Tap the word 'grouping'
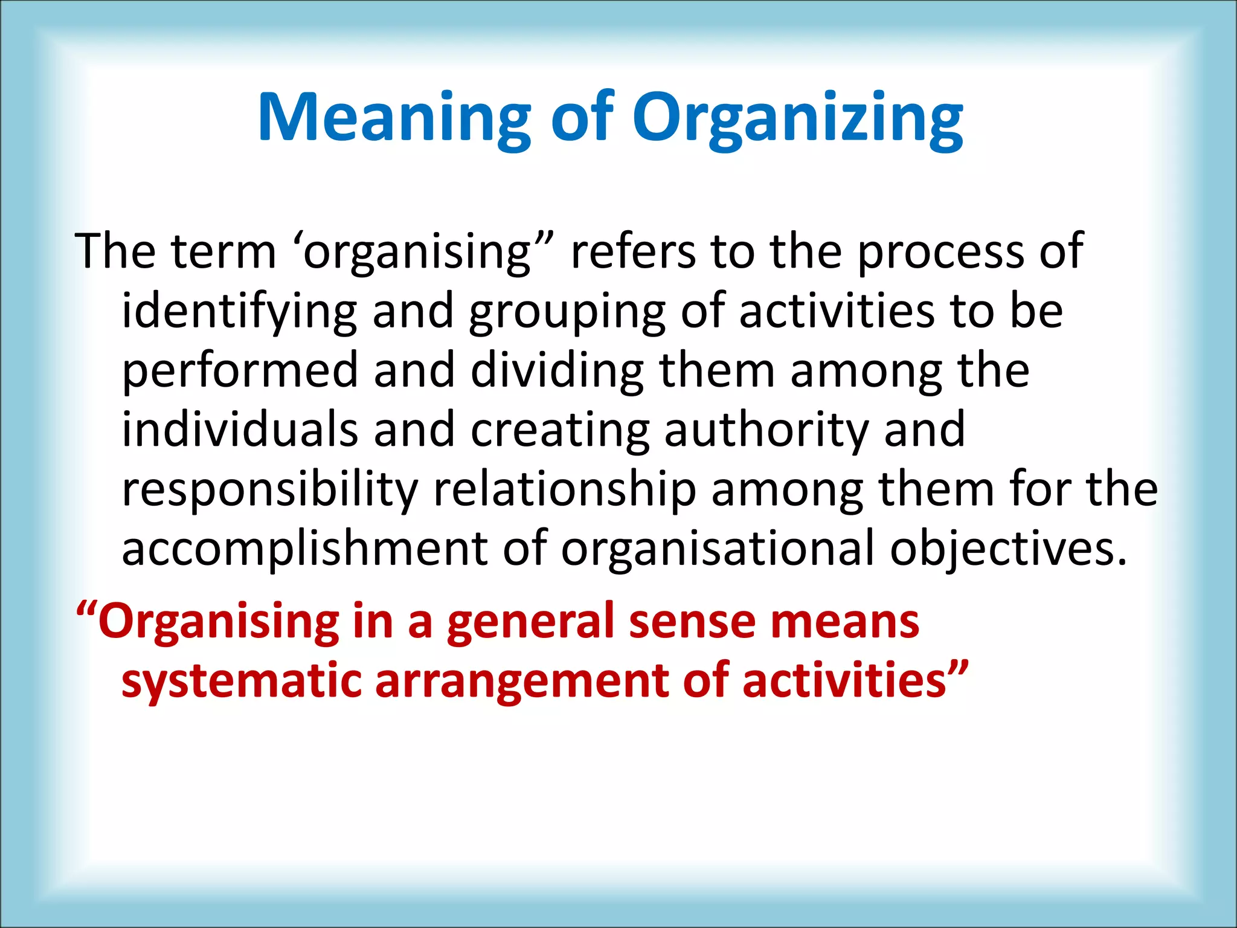(x=567, y=312)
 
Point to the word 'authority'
(x=766, y=430)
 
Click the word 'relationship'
(x=565, y=489)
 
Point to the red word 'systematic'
(x=241, y=681)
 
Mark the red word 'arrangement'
(x=522, y=681)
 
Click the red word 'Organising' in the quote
(x=219, y=622)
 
